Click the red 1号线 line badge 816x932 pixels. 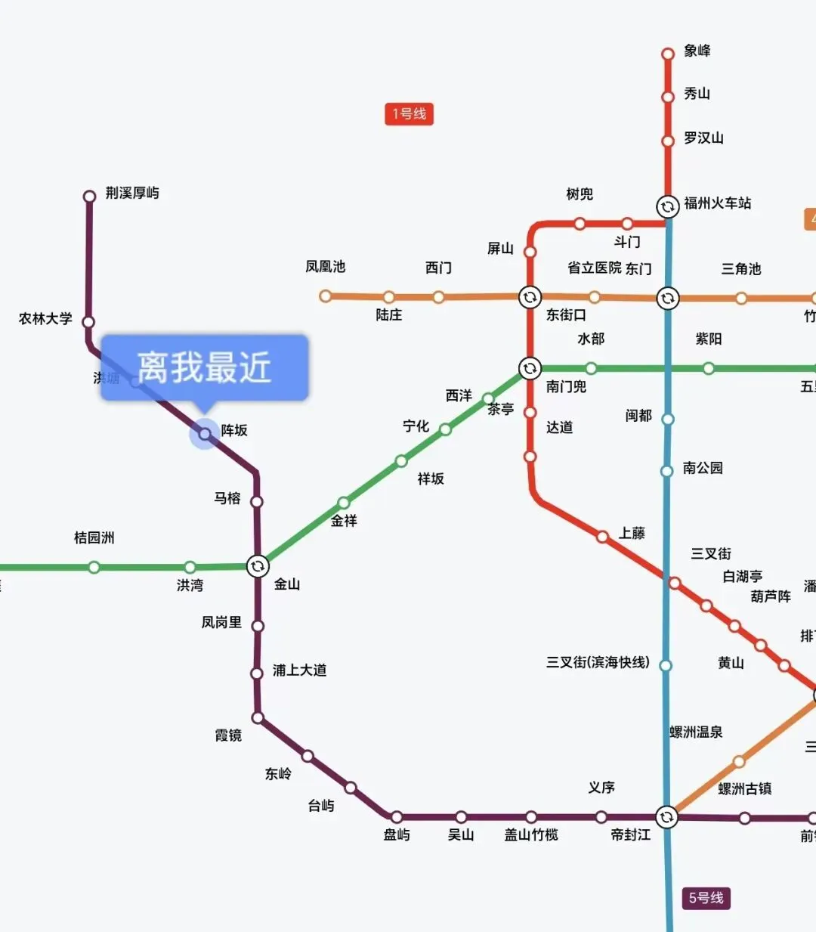pos(409,114)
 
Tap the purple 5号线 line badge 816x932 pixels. pos(706,898)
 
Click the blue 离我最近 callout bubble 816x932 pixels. pos(204,367)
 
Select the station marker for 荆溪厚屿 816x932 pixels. pos(89,197)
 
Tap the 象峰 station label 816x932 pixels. pos(697,51)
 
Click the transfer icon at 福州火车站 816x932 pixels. pos(667,206)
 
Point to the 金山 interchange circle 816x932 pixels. pos(258,566)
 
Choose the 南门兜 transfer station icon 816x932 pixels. pos(530,368)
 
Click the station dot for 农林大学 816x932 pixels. pos(88,322)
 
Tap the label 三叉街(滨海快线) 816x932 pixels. pos(598,663)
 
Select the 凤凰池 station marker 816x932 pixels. pos(325,296)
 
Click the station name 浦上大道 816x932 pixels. pos(299,670)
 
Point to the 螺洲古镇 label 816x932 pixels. pos(744,789)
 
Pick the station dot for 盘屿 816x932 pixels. pos(396,817)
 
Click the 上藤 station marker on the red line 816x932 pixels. pos(602,537)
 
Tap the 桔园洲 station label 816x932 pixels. pos(94,537)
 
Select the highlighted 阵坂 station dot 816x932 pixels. pos(204,434)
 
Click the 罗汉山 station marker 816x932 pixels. pos(668,141)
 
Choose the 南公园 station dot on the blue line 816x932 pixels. pos(667,471)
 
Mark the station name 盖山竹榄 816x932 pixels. pos(531,834)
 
